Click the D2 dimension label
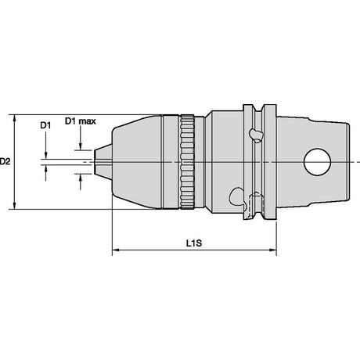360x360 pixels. [5, 162]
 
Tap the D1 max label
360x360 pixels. [81, 121]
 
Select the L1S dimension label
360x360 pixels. [194, 243]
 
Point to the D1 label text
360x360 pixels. [45, 125]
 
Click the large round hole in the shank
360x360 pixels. [317, 162]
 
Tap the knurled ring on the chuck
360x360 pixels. [187, 162]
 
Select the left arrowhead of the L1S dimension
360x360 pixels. [116, 250]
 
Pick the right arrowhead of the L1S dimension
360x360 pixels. [272, 250]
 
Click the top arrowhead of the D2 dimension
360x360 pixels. [15, 118]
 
